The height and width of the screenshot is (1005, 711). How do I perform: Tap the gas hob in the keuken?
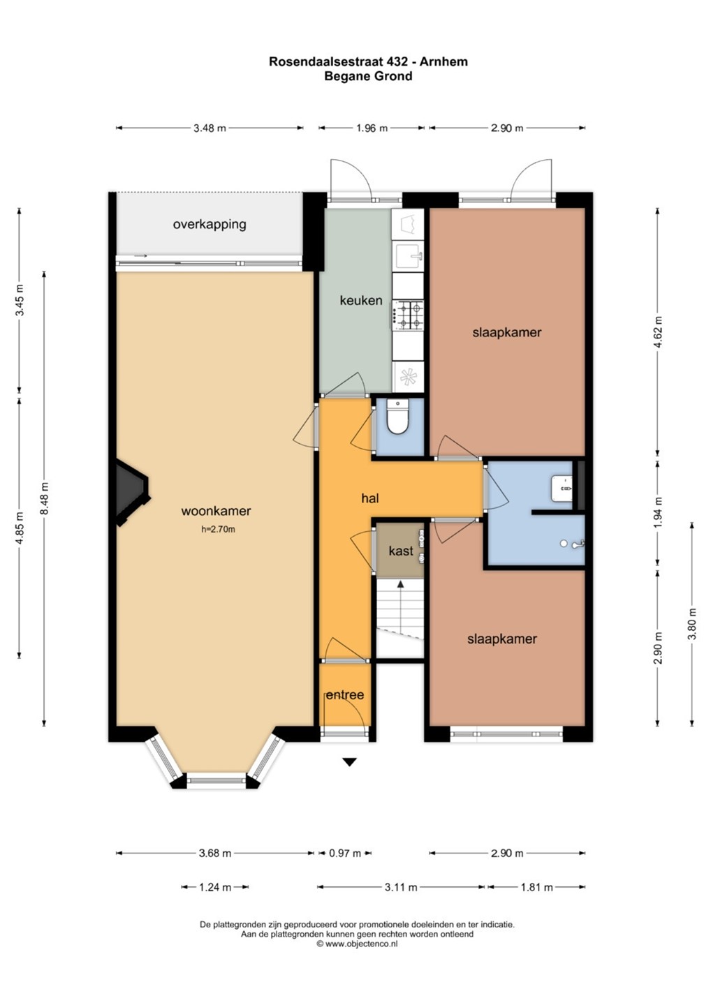[408, 315]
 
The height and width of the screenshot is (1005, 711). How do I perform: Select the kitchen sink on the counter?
[408, 255]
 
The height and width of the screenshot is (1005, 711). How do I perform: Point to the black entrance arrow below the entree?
[349, 761]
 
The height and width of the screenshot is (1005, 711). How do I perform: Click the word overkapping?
[210, 224]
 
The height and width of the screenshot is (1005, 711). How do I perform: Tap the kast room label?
[401, 551]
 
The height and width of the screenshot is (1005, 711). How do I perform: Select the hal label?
[370, 498]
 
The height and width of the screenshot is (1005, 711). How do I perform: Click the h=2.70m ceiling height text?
[218, 530]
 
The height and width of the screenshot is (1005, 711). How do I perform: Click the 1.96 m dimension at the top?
[372, 128]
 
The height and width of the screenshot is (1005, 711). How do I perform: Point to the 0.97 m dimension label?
[345, 853]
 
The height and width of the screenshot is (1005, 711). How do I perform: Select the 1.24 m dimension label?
[215, 887]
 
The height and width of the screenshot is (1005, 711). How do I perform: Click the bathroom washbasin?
[562, 488]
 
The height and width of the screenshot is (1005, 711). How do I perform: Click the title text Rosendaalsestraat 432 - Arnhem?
[368, 61]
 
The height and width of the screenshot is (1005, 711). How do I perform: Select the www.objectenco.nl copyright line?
[357, 944]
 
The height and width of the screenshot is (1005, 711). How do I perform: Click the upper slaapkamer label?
[507, 332]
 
